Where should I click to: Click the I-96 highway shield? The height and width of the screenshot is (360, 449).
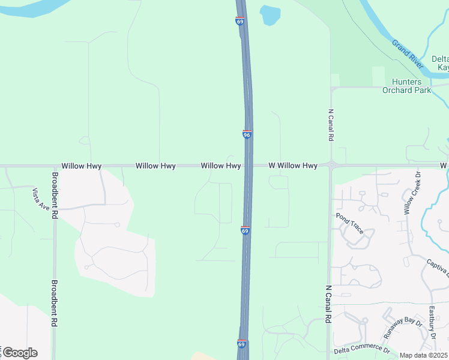point(247,135)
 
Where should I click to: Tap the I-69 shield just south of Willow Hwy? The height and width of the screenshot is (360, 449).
point(245,230)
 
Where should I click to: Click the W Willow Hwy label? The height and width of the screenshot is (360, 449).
point(293,166)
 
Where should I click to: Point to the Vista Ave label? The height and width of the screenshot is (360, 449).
point(41,199)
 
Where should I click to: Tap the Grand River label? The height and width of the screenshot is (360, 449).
point(408,51)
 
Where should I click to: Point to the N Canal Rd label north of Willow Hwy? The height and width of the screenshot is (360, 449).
point(331,125)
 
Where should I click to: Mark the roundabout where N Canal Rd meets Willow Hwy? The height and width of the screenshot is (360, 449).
point(331,164)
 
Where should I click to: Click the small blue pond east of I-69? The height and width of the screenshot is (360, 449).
point(270,14)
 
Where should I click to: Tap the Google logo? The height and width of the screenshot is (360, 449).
point(20,353)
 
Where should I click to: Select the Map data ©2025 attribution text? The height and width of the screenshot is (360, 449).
point(424,355)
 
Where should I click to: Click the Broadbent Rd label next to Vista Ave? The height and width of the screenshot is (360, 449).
point(55,195)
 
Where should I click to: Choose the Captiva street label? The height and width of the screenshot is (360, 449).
point(437,268)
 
